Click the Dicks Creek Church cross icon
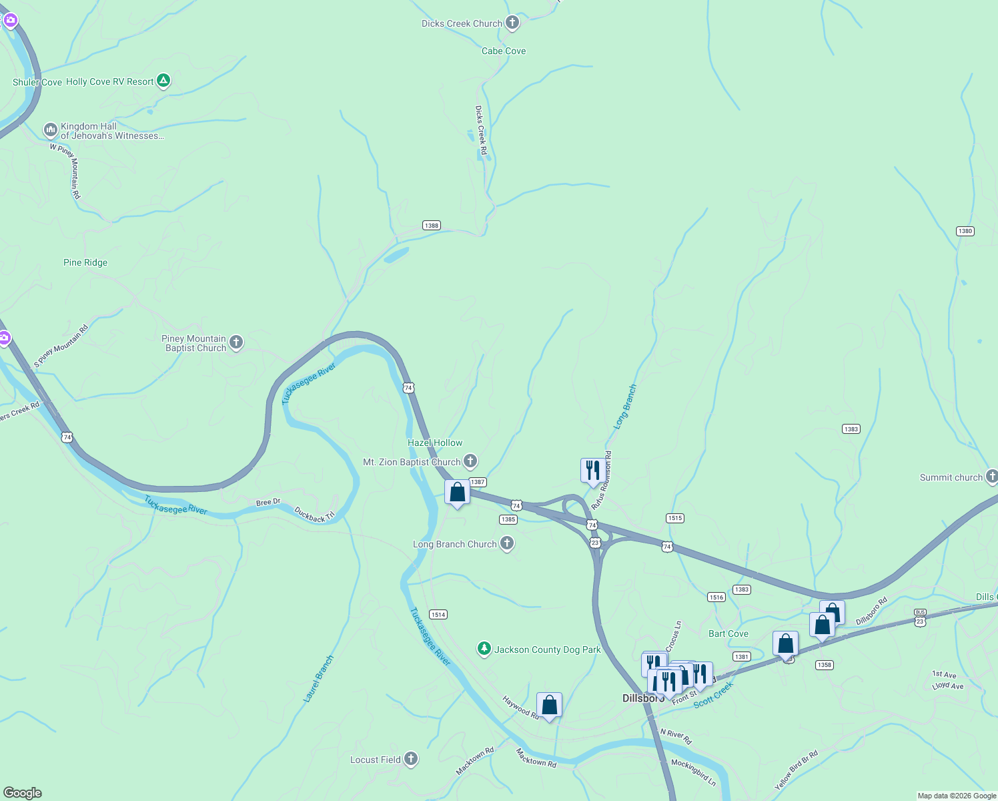512,23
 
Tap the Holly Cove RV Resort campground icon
163,81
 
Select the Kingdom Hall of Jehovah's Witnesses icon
50,130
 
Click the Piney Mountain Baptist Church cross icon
235,343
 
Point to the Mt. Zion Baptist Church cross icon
470,461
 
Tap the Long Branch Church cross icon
507,543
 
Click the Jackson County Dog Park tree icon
484,649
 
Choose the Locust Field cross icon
411,759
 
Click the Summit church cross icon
991,477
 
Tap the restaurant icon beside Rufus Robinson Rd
592,471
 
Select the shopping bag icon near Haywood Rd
549,705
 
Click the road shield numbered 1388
432,226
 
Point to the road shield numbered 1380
965,231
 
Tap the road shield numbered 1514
438,614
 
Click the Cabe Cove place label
504,51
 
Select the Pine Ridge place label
85,262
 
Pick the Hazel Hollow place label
435,443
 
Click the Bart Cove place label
728,633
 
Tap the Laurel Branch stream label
319,678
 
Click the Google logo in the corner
23,793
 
